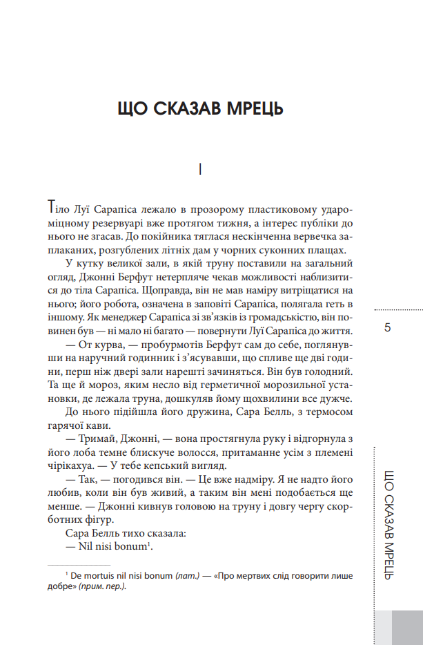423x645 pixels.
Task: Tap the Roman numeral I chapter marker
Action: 199,169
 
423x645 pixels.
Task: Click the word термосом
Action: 328,410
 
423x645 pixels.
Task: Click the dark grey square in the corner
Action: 407,626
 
